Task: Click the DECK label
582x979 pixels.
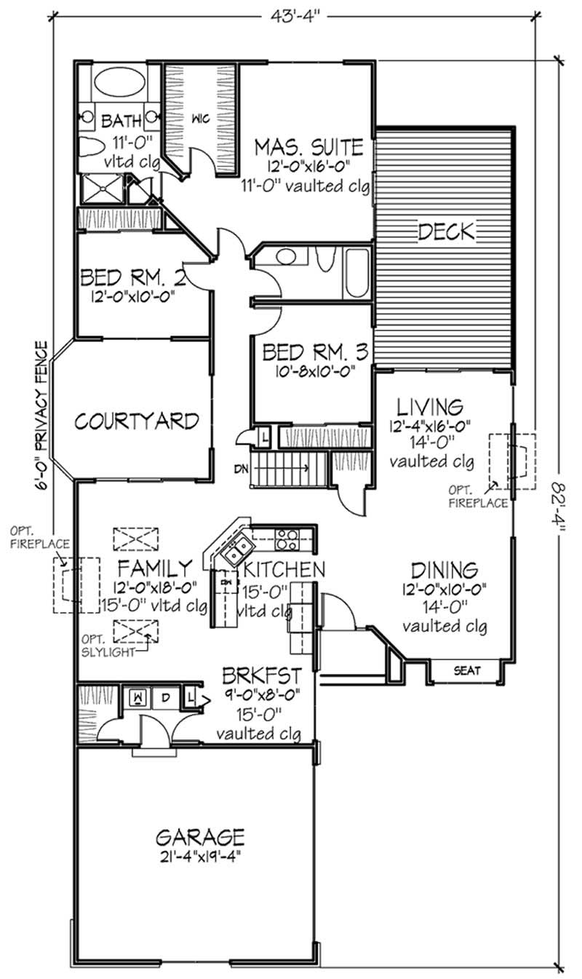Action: tap(446, 232)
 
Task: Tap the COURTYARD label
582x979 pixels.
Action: tap(137, 421)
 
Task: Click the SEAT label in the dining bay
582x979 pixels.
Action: tap(466, 670)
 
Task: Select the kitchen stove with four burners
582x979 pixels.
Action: tap(287, 539)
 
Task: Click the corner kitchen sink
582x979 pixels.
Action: tap(237, 551)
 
